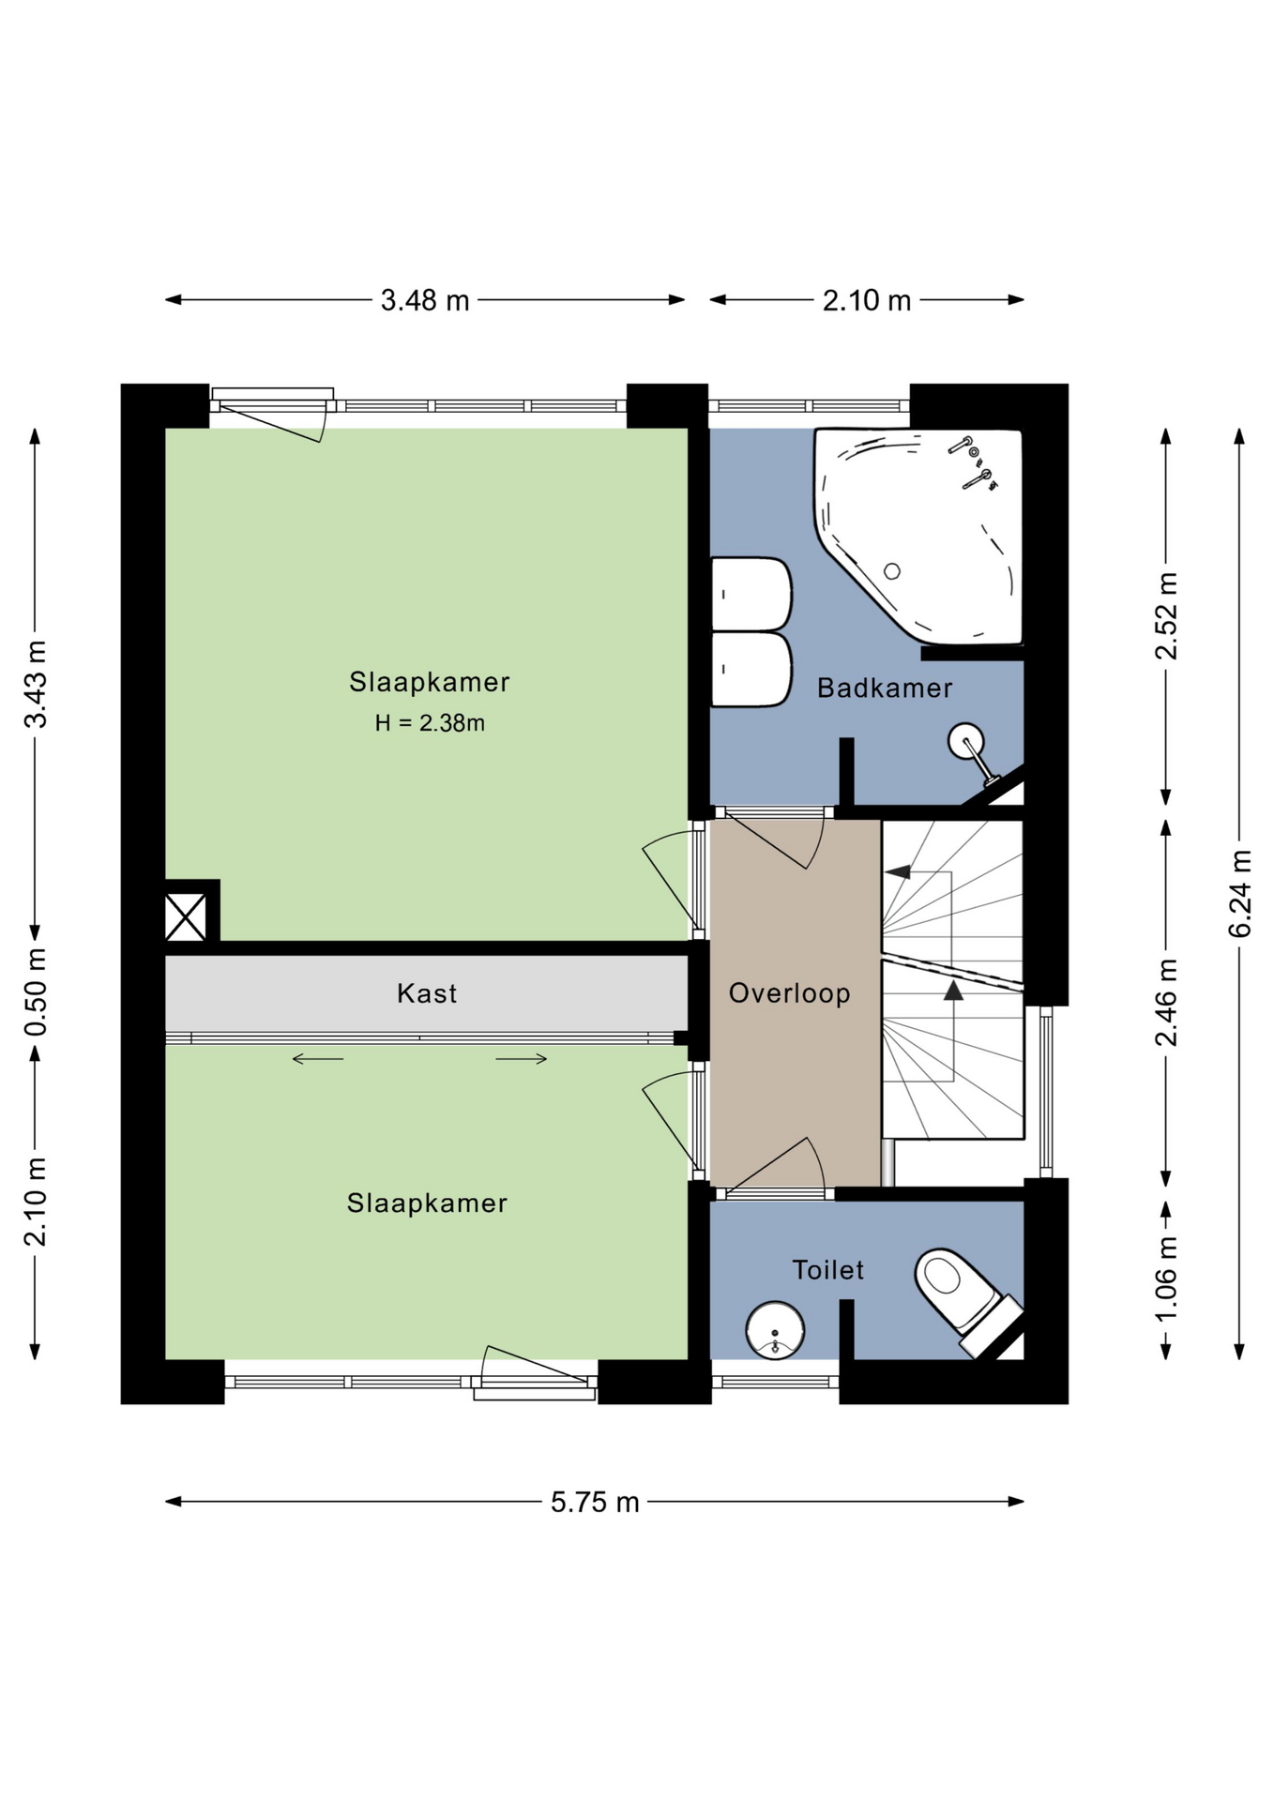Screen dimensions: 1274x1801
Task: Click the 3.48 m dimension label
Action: [x=424, y=300]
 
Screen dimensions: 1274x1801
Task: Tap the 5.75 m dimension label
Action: [x=595, y=1502]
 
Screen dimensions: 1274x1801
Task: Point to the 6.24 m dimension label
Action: [x=1239, y=893]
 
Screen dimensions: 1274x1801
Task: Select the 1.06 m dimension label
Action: [x=1166, y=1279]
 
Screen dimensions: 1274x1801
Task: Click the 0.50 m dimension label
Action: [x=36, y=992]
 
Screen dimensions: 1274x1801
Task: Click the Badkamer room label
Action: [x=885, y=689]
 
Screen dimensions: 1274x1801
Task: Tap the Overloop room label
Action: [x=789, y=993]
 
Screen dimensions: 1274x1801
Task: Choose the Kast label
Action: [x=427, y=993]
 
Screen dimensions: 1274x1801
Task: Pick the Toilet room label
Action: [x=827, y=1270]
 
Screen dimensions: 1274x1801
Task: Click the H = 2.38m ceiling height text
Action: [x=430, y=723]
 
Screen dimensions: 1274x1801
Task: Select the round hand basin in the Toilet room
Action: [x=775, y=1330]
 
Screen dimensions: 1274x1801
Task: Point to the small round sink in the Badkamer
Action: [x=966, y=742]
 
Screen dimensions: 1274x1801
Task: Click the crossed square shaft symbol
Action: [x=186, y=916]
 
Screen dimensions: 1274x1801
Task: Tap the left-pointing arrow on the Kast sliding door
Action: [x=318, y=1059]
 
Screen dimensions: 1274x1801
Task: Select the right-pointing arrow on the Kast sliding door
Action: [x=522, y=1059]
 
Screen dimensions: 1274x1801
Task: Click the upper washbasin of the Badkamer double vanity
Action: [x=752, y=594]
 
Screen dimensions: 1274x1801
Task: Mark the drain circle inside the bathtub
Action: [x=892, y=571]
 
